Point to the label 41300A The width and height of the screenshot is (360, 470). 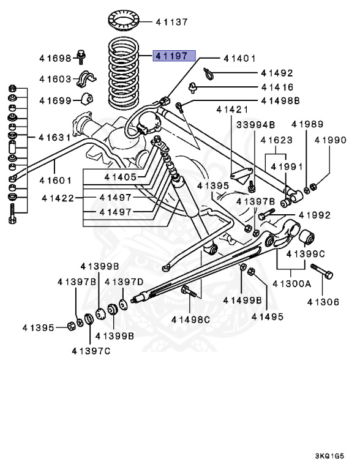click(x=290, y=284)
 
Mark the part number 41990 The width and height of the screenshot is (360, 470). click(x=331, y=140)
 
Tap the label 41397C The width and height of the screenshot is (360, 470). click(x=91, y=351)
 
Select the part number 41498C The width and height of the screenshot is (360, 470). click(x=191, y=319)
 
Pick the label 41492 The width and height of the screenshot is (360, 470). click(x=277, y=73)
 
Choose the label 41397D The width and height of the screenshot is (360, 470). click(x=124, y=282)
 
